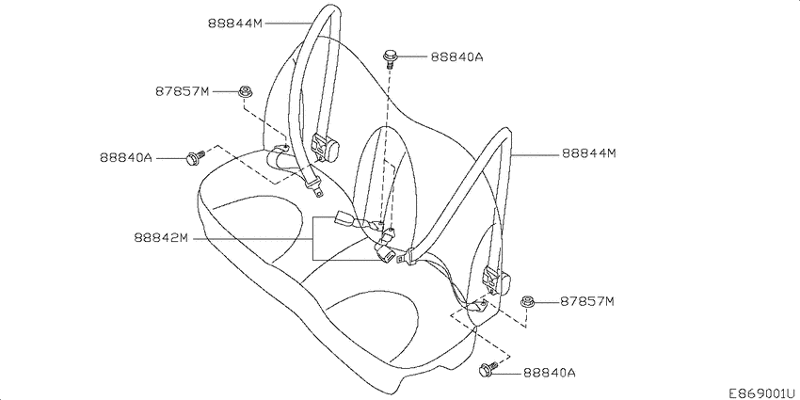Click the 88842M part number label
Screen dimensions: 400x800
161,238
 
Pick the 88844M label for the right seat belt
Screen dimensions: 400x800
589,152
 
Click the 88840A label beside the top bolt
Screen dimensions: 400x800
456,56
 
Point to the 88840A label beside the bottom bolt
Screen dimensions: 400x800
549,373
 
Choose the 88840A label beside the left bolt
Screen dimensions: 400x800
125,158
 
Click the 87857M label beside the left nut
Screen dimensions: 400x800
183,91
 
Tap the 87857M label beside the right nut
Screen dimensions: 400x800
586,301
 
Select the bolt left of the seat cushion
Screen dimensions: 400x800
195,158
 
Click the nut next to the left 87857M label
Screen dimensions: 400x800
244,91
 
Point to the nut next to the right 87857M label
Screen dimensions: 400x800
526,302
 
